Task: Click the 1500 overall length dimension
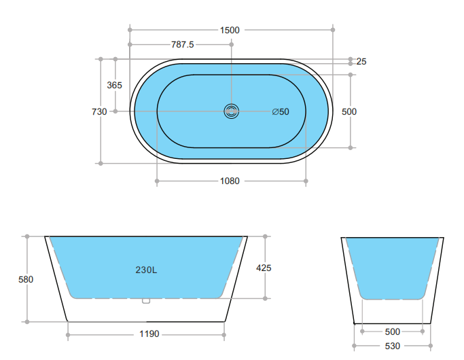(230, 30)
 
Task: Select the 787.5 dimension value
(182, 45)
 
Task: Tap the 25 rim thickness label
(361, 62)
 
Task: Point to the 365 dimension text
(115, 85)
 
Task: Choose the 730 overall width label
(99, 111)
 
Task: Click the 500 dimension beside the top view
(350, 111)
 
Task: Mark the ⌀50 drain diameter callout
(281, 111)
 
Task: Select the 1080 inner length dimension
(230, 181)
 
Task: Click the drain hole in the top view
(232, 111)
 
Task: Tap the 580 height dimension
(26, 279)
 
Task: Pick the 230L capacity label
(146, 270)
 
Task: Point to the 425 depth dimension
(264, 268)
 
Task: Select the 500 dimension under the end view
(393, 331)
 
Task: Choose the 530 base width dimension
(393, 346)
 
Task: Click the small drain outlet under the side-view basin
(145, 300)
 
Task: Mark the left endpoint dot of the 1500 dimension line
(129, 30)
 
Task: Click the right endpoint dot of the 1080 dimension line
(306, 181)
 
